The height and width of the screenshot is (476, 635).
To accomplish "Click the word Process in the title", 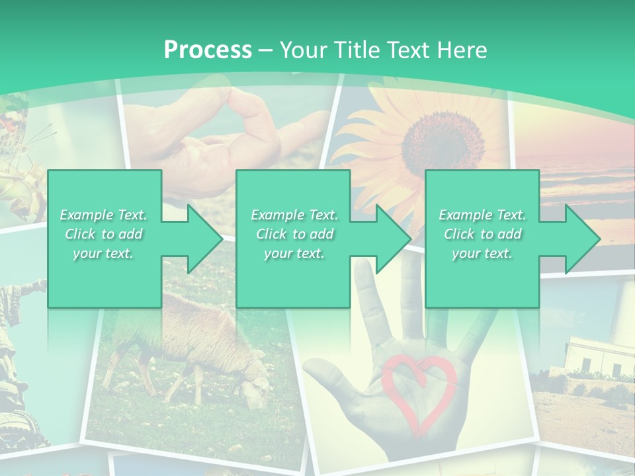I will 208,50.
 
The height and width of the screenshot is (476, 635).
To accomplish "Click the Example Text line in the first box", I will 104,215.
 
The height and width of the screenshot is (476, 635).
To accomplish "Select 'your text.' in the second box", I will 294,253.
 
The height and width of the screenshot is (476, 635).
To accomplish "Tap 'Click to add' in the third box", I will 482,234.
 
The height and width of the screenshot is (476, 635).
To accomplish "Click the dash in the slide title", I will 266,50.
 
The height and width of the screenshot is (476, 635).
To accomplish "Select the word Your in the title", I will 304,50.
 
